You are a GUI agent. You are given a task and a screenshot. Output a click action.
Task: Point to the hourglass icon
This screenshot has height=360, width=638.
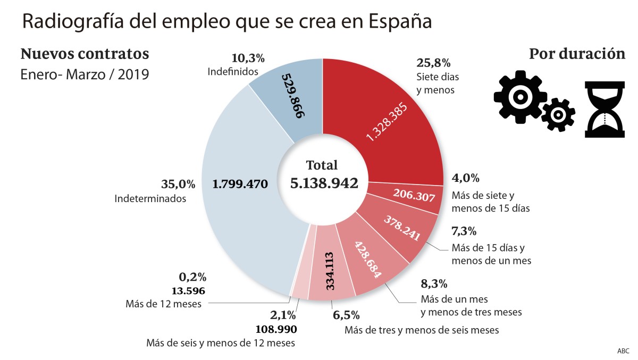(x=605, y=109)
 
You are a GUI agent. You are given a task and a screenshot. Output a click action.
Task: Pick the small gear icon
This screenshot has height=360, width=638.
(x=558, y=114)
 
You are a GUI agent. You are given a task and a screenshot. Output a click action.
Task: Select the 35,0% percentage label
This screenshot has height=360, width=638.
(x=178, y=185)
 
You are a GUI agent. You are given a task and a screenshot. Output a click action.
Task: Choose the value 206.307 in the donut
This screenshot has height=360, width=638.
(x=414, y=196)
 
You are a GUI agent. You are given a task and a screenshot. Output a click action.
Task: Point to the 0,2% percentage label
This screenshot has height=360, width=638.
(x=192, y=277)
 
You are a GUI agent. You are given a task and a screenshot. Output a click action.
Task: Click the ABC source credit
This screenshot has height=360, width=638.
(x=623, y=351)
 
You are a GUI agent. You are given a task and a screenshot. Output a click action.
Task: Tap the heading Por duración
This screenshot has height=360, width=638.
(x=577, y=54)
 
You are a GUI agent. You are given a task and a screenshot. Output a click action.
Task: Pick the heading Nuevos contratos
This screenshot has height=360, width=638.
(x=85, y=54)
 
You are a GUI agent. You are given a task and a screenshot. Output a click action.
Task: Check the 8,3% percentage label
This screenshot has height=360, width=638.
(x=434, y=282)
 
